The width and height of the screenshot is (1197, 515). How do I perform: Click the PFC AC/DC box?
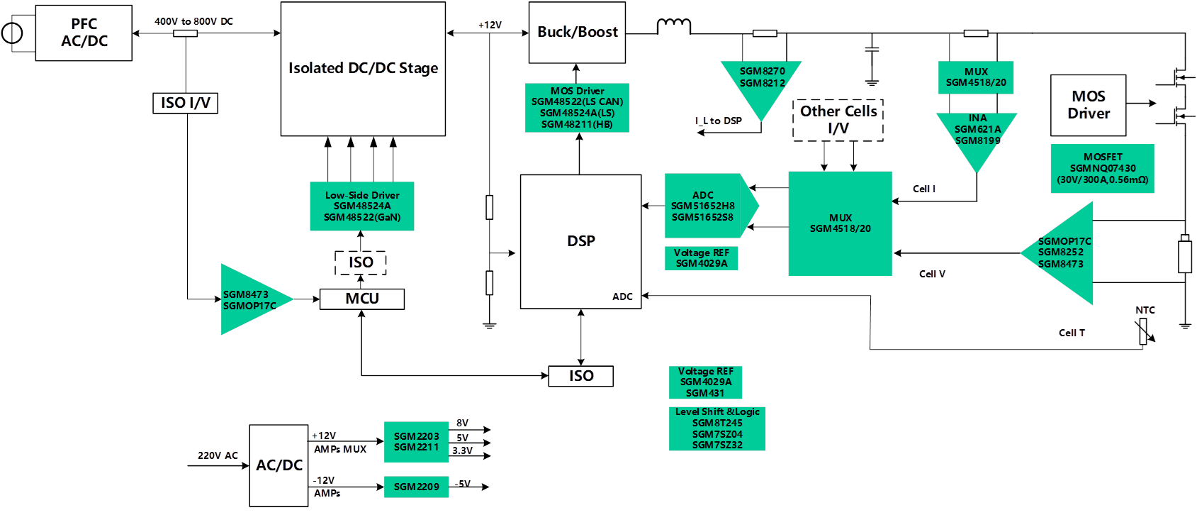(84, 33)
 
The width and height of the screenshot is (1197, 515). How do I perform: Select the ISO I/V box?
(185, 103)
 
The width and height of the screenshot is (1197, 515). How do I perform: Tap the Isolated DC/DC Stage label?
(363, 68)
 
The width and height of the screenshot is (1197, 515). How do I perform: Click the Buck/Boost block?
(577, 32)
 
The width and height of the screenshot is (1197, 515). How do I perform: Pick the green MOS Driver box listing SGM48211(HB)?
(577, 107)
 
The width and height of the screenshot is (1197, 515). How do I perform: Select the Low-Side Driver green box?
(361, 206)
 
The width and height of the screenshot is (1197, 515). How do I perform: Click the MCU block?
(361, 299)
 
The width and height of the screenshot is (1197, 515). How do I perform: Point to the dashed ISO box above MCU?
(361, 262)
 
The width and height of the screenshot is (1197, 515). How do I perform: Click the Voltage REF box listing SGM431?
(705, 382)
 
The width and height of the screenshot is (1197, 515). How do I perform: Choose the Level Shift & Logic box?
(717, 428)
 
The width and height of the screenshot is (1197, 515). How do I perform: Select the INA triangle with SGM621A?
(977, 135)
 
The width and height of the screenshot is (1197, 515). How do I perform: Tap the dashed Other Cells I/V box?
(838, 120)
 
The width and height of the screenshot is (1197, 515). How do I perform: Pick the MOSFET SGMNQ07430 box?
(1102, 168)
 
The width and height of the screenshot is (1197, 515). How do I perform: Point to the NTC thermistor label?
(1145, 311)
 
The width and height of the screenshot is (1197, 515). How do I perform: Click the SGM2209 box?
(416, 487)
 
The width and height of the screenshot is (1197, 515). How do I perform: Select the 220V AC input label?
(218, 455)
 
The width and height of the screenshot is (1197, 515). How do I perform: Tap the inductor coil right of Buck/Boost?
(673, 26)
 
